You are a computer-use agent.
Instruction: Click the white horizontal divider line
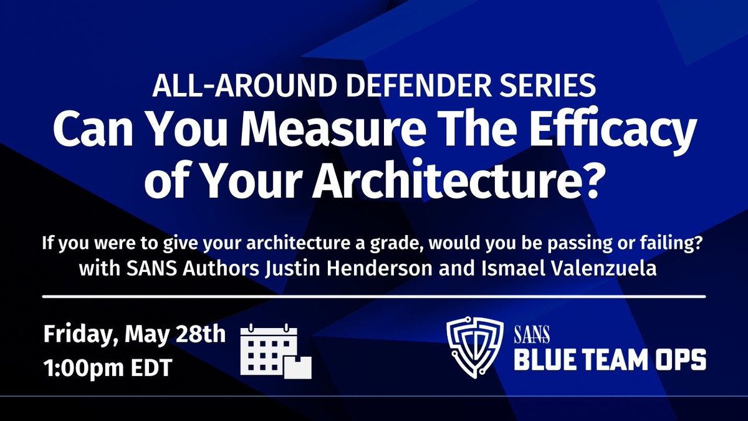pos(374,296)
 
